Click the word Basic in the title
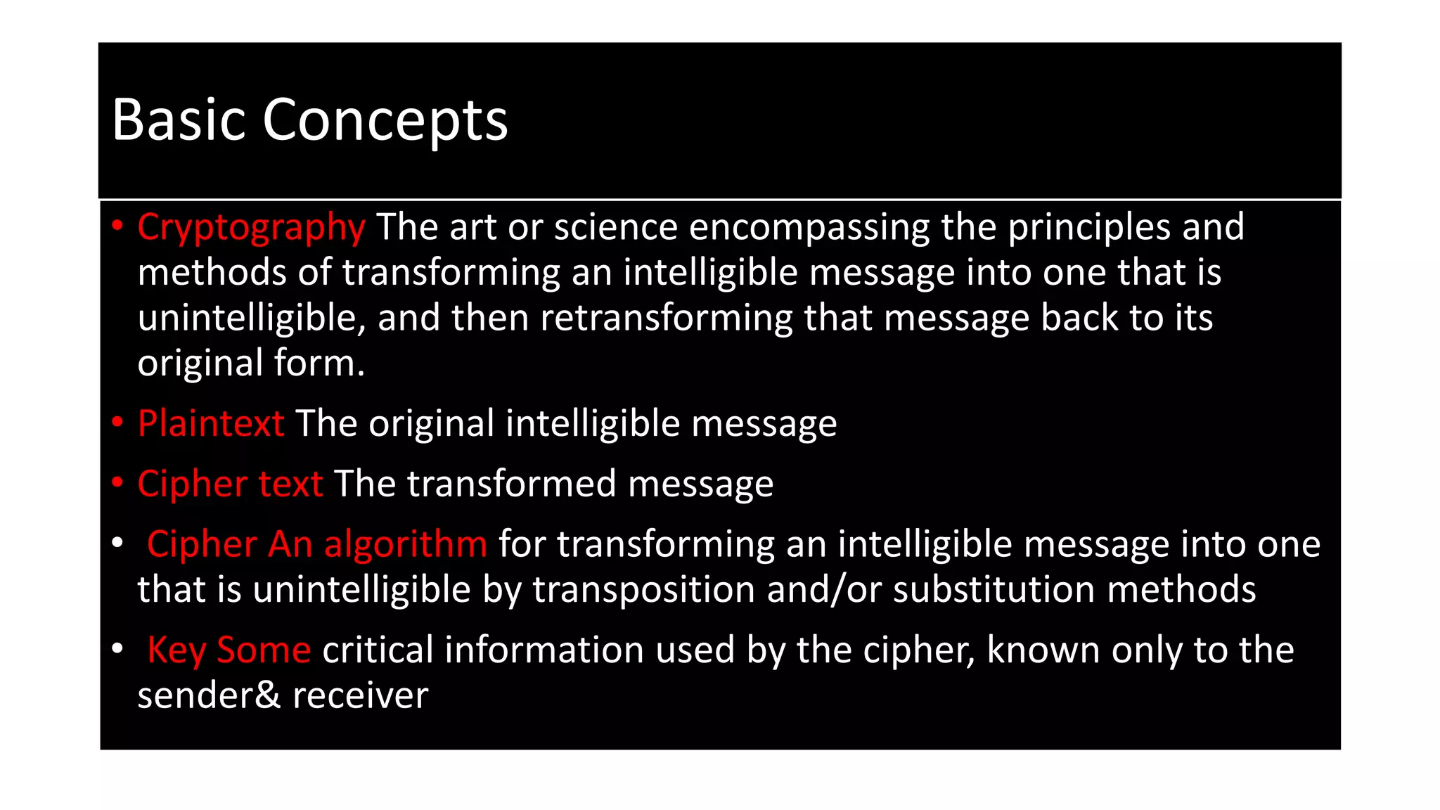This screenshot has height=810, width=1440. click(178, 120)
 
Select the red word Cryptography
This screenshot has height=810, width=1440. click(251, 228)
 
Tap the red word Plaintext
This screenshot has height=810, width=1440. click(211, 423)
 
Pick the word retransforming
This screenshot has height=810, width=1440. click(667, 318)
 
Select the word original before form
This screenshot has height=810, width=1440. click(200, 364)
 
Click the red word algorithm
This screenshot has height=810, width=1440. click(405, 544)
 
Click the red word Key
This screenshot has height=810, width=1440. click(176, 650)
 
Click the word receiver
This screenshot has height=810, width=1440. click(360, 695)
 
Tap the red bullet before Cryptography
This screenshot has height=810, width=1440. click(117, 226)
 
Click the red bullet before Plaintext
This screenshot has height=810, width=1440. click(117, 422)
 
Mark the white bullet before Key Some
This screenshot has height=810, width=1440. click(117, 648)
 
